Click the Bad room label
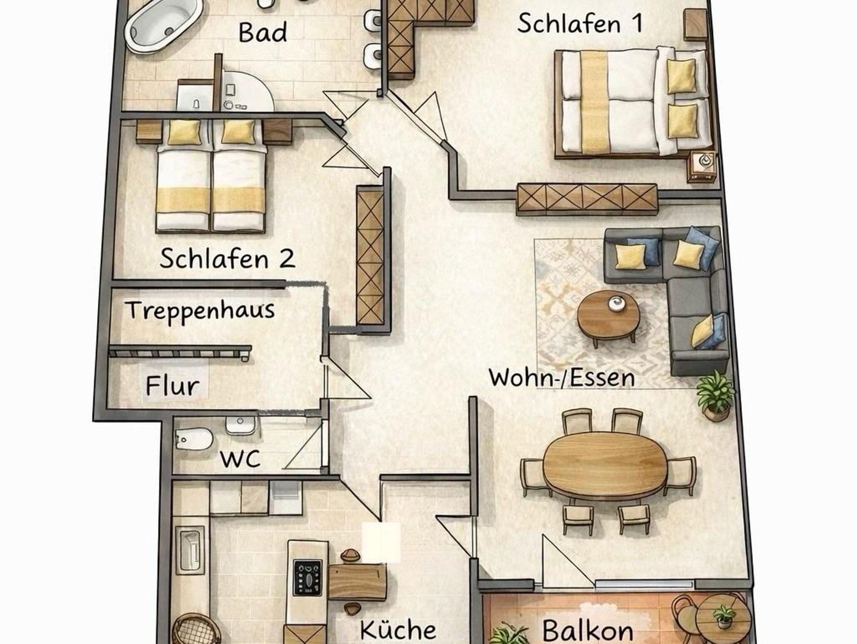click(263, 33)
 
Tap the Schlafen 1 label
click(580, 23)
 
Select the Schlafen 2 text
click(227, 258)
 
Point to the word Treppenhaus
click(201, 311)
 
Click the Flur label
click(172, 386)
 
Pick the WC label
click(240, 459)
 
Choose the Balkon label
click(588, 630)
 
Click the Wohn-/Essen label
click(562, 378)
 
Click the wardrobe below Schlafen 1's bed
click(587, 199)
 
